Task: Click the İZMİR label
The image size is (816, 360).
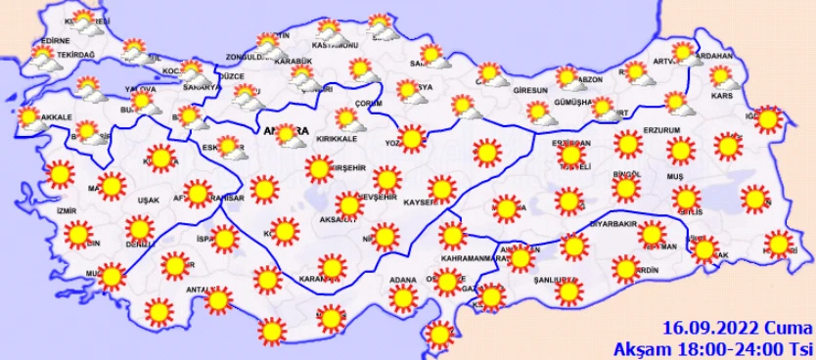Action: point(68,209)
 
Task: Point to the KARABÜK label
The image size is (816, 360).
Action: point(293,61)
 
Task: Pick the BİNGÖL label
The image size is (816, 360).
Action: point(625,174)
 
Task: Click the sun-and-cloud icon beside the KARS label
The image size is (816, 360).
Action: point(722,76)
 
